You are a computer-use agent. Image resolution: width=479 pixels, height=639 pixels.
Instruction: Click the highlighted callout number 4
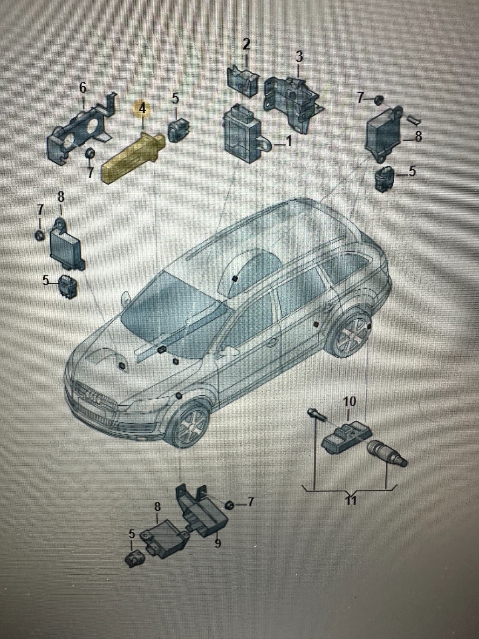(x=142, y=108)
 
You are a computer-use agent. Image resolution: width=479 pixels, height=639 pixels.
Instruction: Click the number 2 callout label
(x=246, y=44)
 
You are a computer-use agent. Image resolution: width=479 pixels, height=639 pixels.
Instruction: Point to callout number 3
(x=299, y=56)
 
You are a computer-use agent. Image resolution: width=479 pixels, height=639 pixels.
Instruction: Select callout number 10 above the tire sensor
(x=349, y=401)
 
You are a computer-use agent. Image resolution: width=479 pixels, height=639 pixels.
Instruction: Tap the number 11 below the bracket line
(x=350, y=500)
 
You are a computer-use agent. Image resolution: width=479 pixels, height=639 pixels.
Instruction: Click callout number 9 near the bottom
(x=218, y=543)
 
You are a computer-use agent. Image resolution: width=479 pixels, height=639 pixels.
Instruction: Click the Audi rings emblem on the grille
(x=93, y=398)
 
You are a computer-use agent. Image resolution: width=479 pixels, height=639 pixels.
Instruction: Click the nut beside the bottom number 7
(x=230, y=505)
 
